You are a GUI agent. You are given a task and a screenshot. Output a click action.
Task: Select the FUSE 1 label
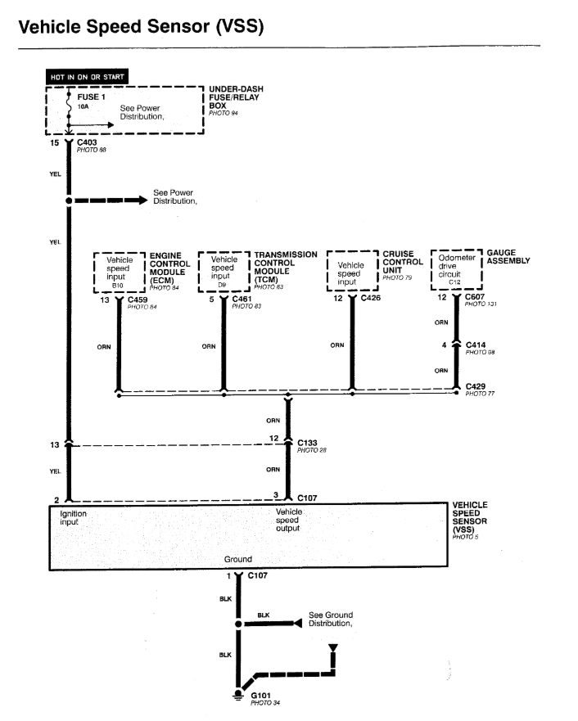(91, 97)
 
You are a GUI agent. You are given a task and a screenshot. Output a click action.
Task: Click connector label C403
(88, 142)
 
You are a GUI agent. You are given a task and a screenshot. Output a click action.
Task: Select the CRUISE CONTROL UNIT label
(402, 264)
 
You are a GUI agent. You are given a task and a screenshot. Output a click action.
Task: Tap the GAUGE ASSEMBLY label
(508, 258)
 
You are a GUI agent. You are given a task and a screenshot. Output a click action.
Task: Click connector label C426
(372, 299)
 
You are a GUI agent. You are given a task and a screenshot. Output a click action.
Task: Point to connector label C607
(476, 298)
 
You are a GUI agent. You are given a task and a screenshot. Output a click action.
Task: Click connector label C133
(308, 444)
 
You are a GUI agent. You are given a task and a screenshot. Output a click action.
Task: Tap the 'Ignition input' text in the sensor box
(73, 518)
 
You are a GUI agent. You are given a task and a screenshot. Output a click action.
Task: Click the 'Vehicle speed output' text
(288, 520)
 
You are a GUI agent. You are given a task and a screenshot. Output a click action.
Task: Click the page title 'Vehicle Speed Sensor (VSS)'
(140, 27)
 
